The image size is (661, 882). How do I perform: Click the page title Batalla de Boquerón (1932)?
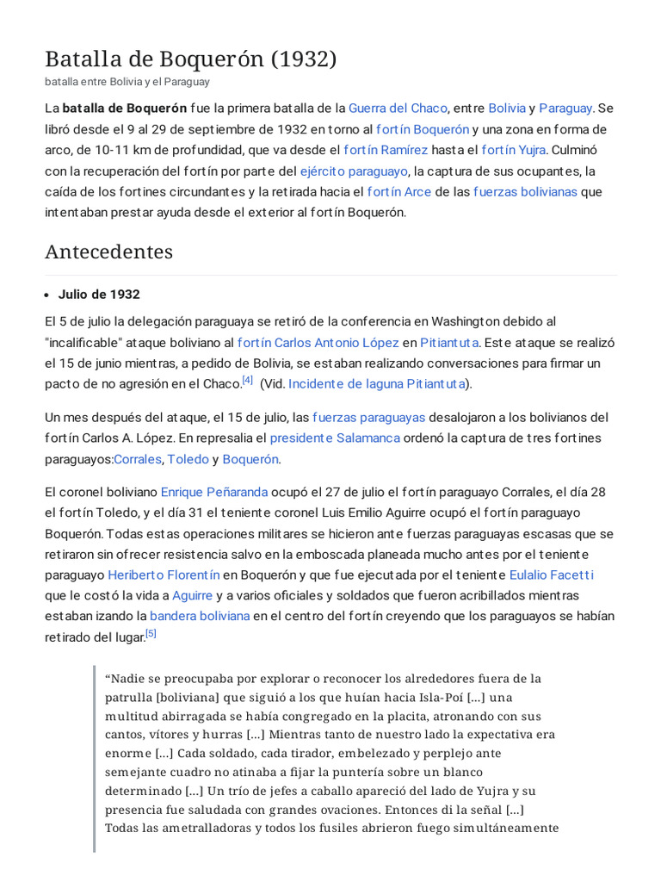click(190, 59)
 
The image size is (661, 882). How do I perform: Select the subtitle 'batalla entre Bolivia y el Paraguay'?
click(127, 82)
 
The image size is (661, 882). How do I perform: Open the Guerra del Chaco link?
click(398, 109)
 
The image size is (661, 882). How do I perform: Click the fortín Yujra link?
click(514, 150)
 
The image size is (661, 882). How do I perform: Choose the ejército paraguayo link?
click(354, 171)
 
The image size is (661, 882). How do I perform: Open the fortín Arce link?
click(398, 191)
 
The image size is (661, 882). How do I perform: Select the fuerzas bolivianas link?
click(525, 191)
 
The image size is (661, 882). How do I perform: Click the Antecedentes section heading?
click(108, 252)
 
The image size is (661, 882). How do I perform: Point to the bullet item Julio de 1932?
click(99, 294)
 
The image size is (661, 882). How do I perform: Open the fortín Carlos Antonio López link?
click(318, 342)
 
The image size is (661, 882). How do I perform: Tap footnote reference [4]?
click(247, 380)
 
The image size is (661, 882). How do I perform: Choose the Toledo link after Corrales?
click(188, 459)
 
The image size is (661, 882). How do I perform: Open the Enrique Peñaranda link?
click(214, 493)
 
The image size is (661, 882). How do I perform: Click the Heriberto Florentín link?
click(164, 575)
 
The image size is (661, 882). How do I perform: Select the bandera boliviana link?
click(200, 616)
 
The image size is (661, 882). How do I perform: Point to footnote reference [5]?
click(151, 633)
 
